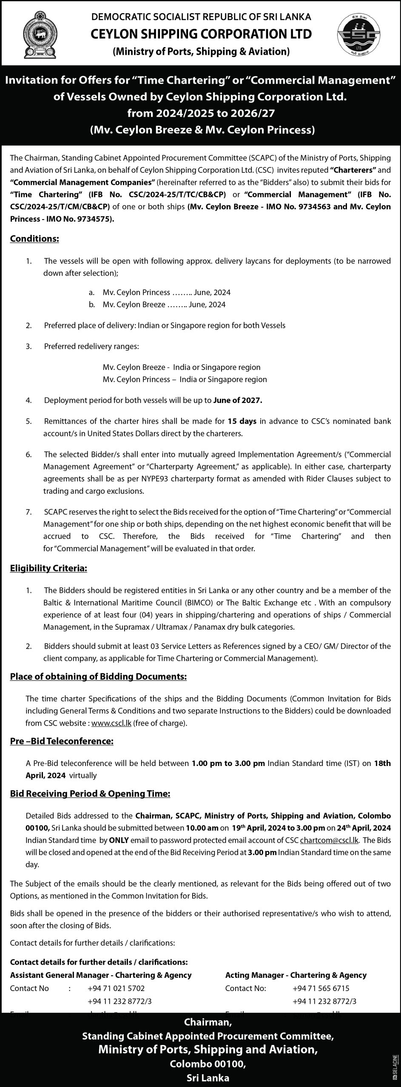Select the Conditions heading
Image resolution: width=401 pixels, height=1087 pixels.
pos(34,239)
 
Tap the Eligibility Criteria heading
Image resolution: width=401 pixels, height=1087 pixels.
pos(48,568)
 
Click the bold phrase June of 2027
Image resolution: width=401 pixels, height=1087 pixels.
pos(238,400)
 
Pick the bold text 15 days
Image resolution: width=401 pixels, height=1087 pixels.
pos(242,421)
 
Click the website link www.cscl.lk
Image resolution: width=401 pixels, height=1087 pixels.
pos(111,723)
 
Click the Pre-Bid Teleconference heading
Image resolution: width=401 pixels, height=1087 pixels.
pos(62,741)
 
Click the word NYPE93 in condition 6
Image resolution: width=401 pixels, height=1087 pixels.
pos(204,479)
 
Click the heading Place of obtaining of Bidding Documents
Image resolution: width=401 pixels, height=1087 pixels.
pos(98,676)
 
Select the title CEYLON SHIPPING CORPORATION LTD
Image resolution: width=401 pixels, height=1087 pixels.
pos(201,34)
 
